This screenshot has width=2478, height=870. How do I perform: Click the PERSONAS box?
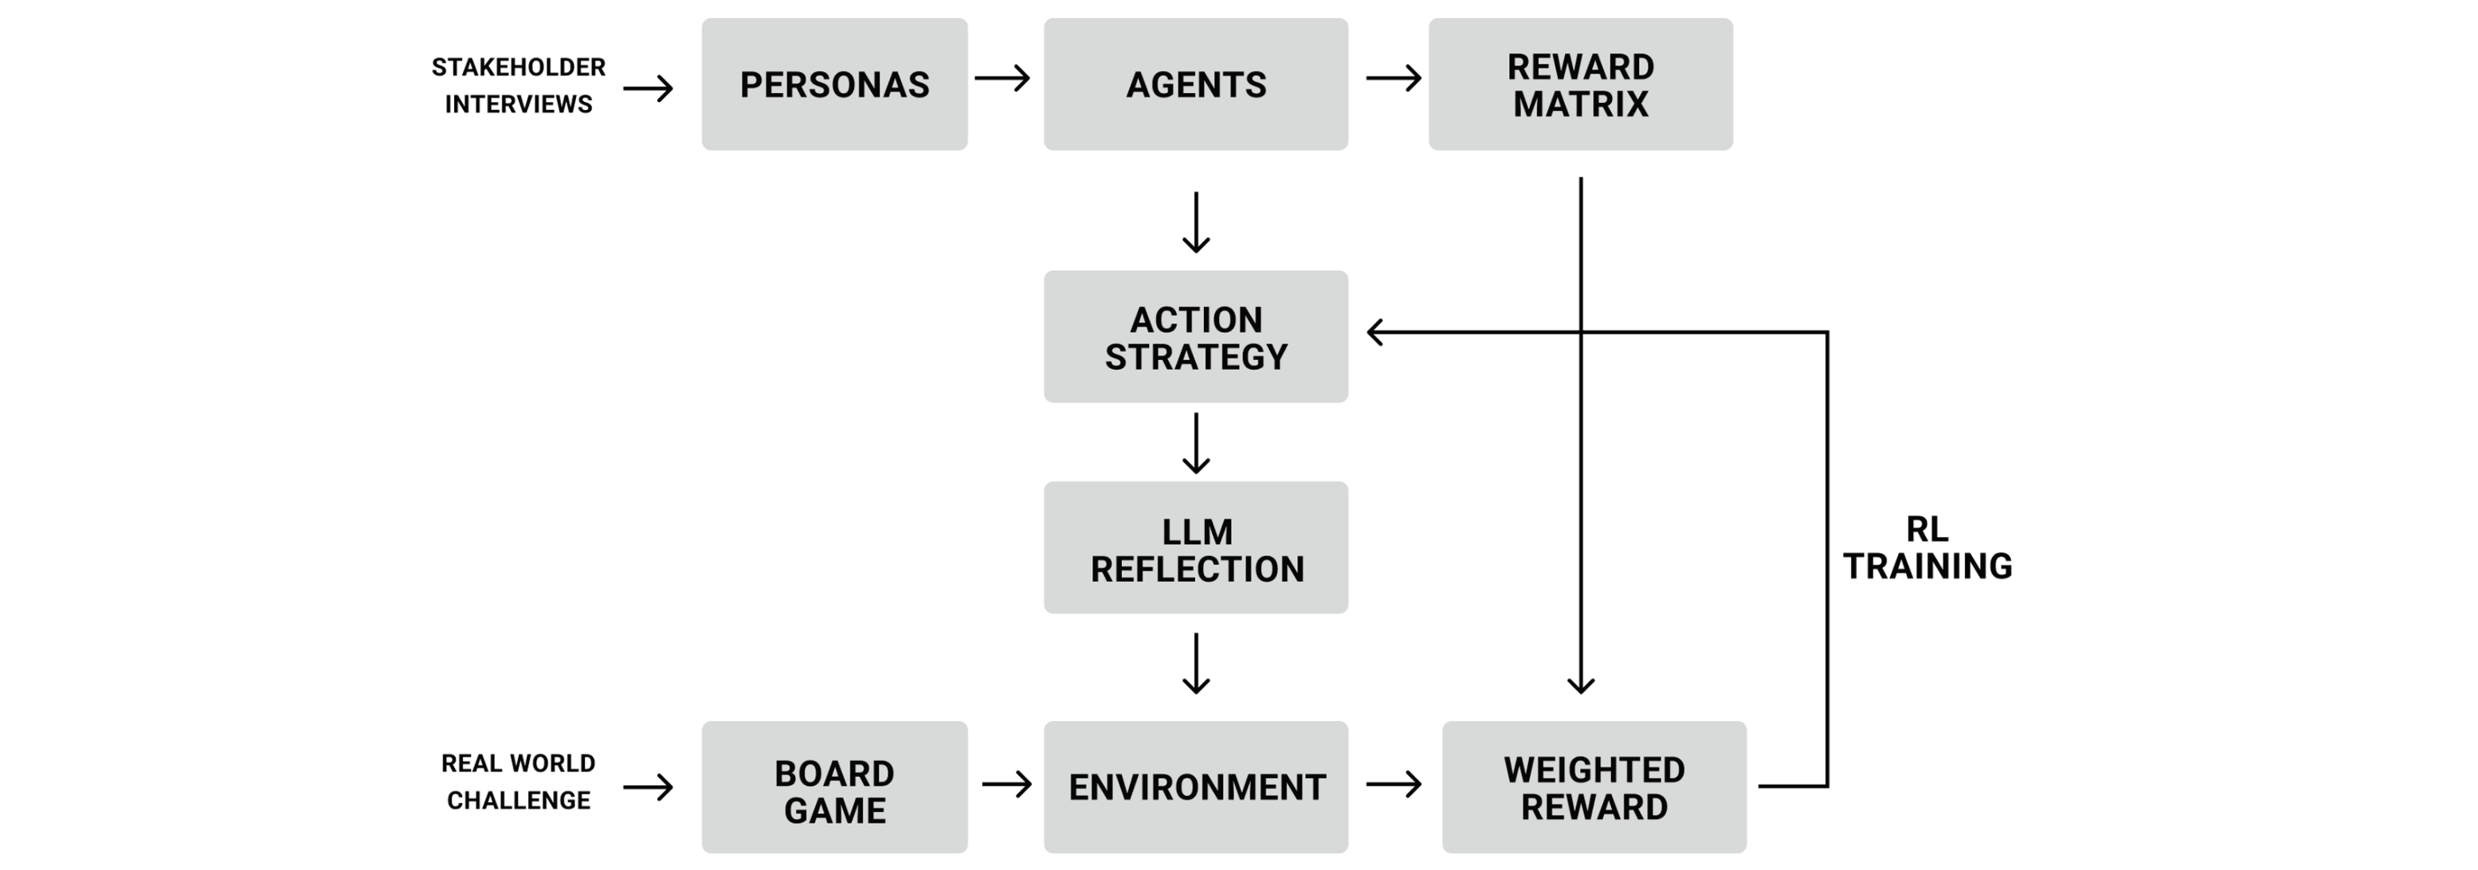[x=834, y=84]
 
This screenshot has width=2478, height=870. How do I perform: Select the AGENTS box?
[x=1196, y=84]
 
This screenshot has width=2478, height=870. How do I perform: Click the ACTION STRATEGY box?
[x=1196, y=337]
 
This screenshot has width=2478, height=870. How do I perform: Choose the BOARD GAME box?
[x=834, y=788]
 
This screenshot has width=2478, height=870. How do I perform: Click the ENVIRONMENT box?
[x=1196, y=788]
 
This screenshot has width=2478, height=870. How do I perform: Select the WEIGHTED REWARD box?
[x=1594, y=788]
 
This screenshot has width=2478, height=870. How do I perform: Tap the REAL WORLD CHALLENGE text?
[x=519, y=782]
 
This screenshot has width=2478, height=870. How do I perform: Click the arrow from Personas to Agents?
[x=1002, y=78]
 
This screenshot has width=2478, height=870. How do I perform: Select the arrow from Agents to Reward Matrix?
[x=1393, y=78]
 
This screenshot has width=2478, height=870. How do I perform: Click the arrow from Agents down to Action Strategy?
[x=1196, y=222]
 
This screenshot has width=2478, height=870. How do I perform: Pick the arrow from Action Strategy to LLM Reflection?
[x=1196, y=443]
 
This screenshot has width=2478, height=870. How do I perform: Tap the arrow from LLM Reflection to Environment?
[x=1196, y=663]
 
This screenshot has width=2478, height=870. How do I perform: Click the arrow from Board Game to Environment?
[x=1006, y=784]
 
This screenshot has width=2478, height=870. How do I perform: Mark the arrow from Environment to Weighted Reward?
[x=1393, y=784]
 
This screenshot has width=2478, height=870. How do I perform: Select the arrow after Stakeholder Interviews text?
[x=648, y=88]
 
